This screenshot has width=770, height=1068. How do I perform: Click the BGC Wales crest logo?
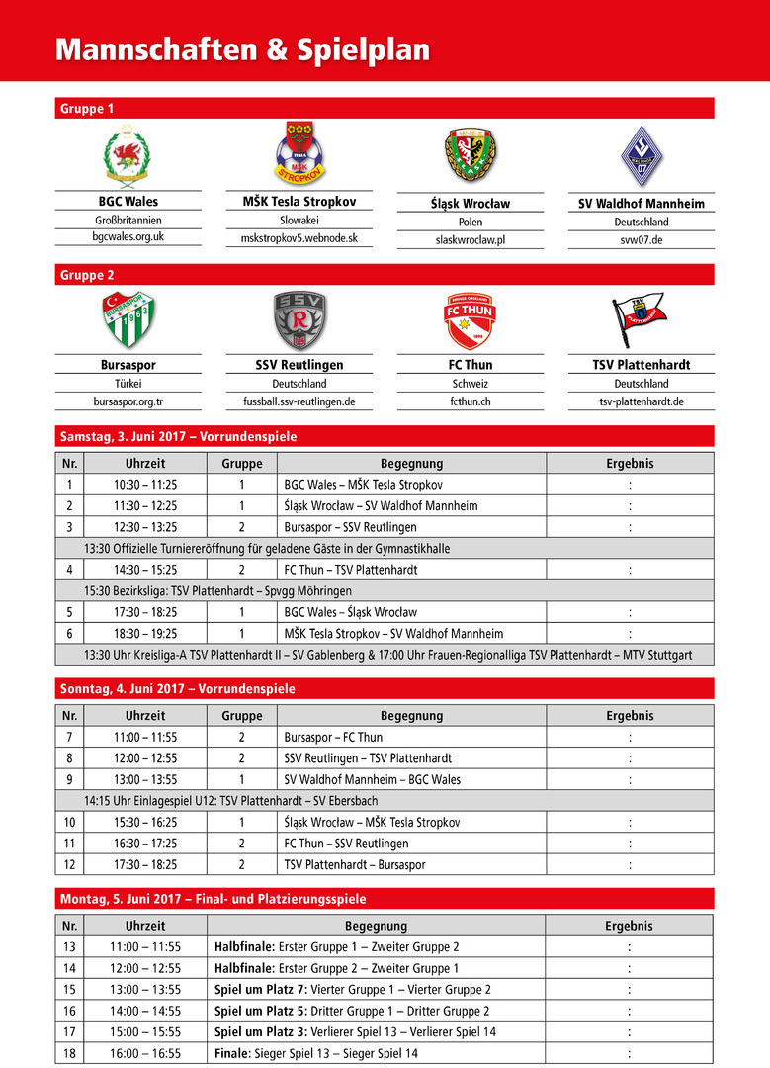click(x=128, y=154)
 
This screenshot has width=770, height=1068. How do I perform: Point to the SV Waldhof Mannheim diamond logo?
click(x=641, y=154)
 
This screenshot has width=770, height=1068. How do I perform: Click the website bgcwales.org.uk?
click(x=128, y=237)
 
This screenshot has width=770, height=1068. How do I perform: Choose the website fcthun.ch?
click(x=471, y=401)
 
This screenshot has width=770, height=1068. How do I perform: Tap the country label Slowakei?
click(x=299, y=221)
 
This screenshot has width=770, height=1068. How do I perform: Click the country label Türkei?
click(x=128, y=384)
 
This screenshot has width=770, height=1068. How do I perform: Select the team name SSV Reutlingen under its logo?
click(x=299, y=365)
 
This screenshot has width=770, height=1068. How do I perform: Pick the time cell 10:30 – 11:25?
click(x=145, y=485)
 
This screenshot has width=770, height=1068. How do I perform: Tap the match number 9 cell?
click(x=69, y=779)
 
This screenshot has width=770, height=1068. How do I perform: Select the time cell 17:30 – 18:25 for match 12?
click(x=145, y=864)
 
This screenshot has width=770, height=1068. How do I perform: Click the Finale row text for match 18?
click(x=316, y=1054)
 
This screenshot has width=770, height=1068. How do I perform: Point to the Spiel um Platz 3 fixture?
click(x=355, y=1032)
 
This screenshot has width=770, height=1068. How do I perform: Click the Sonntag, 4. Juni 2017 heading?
click(x=178, y=688)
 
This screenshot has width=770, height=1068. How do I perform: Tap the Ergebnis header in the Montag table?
click(x=629, y=927)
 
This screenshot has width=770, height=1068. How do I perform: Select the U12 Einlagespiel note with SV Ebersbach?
click(x=230, y=801)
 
